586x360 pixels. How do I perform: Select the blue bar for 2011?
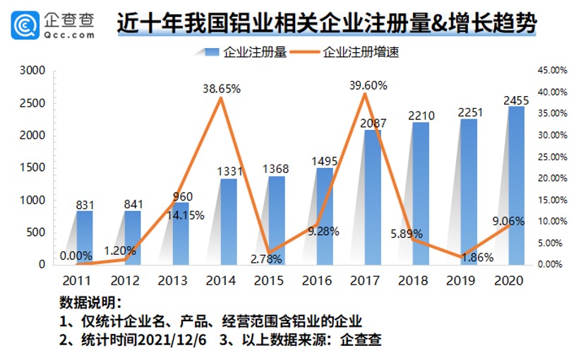[x=84, y=237]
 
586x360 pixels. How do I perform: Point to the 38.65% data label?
[x=222, y=89]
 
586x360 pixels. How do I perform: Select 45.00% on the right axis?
[x=552, y=71]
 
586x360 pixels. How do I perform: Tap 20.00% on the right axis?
[x=552, y=178]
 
